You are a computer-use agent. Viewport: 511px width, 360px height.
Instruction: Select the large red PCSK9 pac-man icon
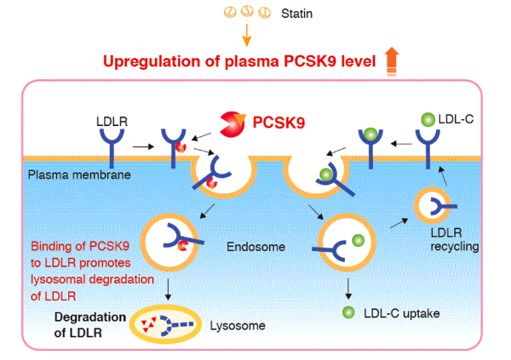point(231,124)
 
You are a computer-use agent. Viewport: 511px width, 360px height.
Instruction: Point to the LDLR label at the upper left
point(112,122)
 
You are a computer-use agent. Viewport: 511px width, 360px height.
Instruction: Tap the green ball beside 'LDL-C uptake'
point(347,314)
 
